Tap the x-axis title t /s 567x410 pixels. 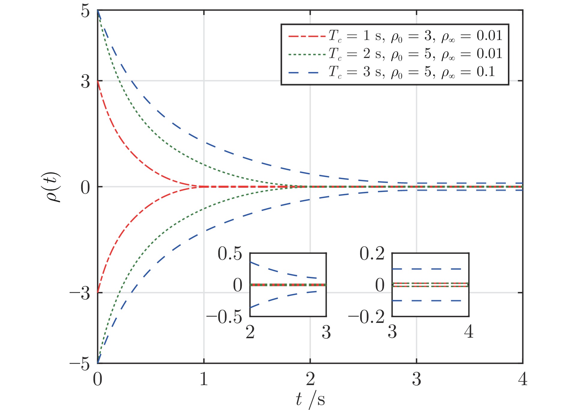click(310, 400)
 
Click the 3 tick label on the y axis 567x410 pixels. click(85, 81)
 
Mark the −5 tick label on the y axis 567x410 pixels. click(80, 364)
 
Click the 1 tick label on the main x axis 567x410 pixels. click(204, 379)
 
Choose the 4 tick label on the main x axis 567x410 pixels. click(523, 379)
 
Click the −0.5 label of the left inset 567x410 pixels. click(224, 317)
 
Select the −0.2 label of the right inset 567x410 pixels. click(366, 317)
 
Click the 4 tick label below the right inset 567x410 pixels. click(469, 332)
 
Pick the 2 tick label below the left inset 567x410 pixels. click(250, 332)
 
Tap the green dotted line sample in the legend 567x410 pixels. click(307, 54)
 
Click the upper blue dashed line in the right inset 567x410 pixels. click(430, 269)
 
